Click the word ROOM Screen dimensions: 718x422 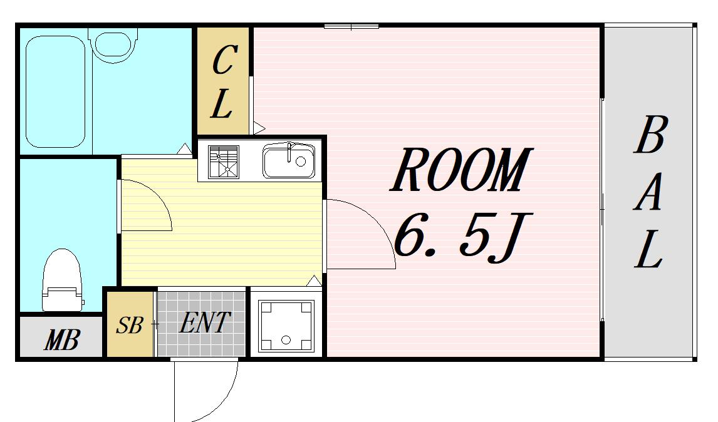pos(461,169)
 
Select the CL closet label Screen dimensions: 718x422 pos(224,81)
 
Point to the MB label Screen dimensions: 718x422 pos(62,339)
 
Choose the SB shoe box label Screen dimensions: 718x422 pos(129,325)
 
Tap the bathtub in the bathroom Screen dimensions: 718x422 pos(55,91)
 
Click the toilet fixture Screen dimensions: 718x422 pos(62,280)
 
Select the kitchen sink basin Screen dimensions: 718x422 pos(289,161)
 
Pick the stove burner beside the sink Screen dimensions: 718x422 pos(224,162)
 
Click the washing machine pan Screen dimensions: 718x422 pos(286,326)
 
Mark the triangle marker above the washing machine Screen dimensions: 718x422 pos(314,281)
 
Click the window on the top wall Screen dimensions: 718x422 pos(351,26)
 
